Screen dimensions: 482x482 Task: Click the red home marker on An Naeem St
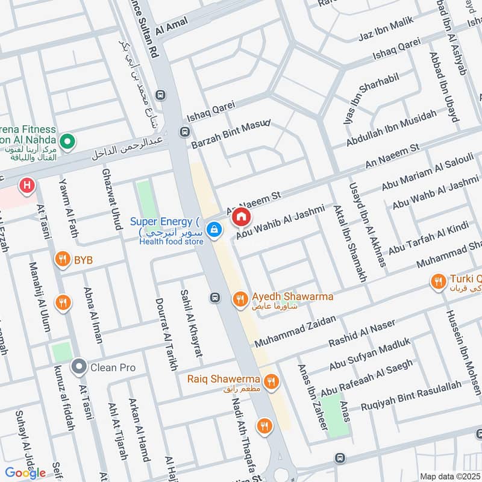tap(241, 216)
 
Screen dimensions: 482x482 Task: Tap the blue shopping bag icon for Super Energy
tap(213, 230)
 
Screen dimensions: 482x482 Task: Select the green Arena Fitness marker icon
tap(68, 142)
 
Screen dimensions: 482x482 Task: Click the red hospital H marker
tap(27, 186)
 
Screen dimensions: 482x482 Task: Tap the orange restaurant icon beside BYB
tap(61, 260)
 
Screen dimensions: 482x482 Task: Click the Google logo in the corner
tap(25, 473)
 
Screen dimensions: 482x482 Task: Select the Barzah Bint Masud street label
tap(230, 134)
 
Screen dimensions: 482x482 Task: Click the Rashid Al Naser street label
tap(361, 333)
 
